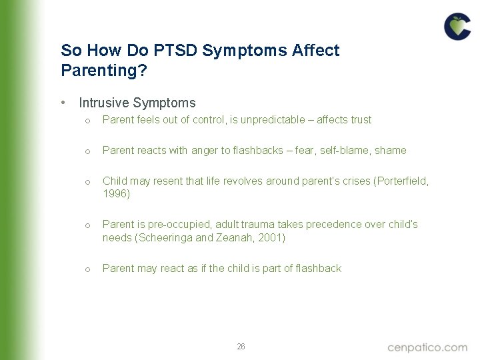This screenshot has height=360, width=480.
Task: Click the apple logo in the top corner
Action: tap(457, 27)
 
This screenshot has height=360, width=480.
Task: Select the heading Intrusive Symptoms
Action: tap(137, 103)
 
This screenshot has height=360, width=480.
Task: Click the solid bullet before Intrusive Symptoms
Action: tap(62, 103)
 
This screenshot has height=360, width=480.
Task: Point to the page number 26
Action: tap(241, 347)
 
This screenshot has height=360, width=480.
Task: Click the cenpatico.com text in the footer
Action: tap(427, 347)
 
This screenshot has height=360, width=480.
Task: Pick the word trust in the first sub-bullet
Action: tap(360, 120)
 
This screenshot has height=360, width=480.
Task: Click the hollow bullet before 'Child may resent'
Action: tap(87, 182)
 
